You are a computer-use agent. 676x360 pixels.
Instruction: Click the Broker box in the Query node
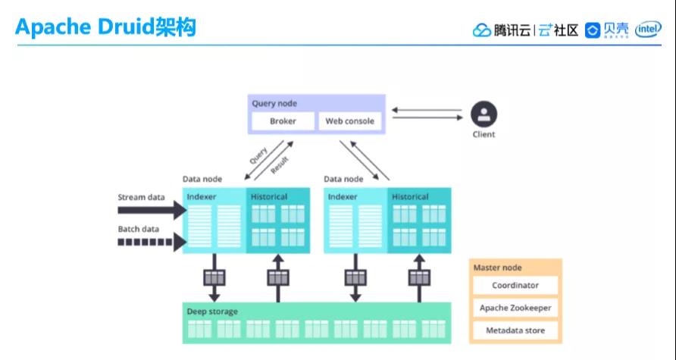[x=282, y=121]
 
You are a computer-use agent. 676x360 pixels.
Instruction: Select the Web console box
[x=349, y=121]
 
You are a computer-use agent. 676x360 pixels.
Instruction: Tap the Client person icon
[x=484, y=115]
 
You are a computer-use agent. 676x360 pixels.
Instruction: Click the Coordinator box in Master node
[x=515, y=286]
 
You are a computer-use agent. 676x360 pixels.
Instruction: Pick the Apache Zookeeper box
[x=515, y=308]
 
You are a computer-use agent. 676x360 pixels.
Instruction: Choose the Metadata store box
[x=515, y=331]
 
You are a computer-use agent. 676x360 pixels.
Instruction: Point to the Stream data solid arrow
[x=152, y=210]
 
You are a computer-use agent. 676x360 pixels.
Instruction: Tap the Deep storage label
[x=212, y=311]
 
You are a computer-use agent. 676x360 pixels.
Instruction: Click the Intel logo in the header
[x=649, y=30]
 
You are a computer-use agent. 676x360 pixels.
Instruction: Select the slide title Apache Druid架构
[x=105, y=28]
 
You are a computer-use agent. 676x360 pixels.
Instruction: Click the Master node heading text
[x=497, y=268]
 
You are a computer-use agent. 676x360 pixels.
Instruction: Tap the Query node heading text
[x=274, y=103]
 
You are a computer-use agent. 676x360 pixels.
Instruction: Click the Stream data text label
[x=141, y=197]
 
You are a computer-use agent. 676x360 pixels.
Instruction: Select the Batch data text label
[x=139, y=229]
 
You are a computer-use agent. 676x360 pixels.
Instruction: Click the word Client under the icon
[x=484, y=135]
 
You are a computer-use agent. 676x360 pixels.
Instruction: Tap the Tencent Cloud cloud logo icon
[x=482, y=30]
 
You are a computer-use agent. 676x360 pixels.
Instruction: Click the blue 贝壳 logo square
[x=593, y=30]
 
